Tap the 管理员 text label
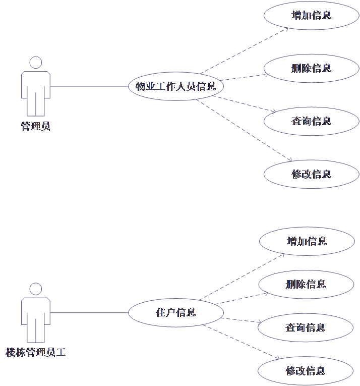[x=36, y=126]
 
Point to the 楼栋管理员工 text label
[x=36, y=352]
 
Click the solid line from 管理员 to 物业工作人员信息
[x=89, y=86]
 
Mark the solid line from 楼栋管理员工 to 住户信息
[x=89, y=313]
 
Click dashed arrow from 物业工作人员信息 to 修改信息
[x=244, y=130]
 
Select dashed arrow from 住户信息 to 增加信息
[x=242, y=277]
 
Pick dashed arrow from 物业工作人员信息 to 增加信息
[x=244, y=50]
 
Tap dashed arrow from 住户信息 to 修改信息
[x=241, y=342]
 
